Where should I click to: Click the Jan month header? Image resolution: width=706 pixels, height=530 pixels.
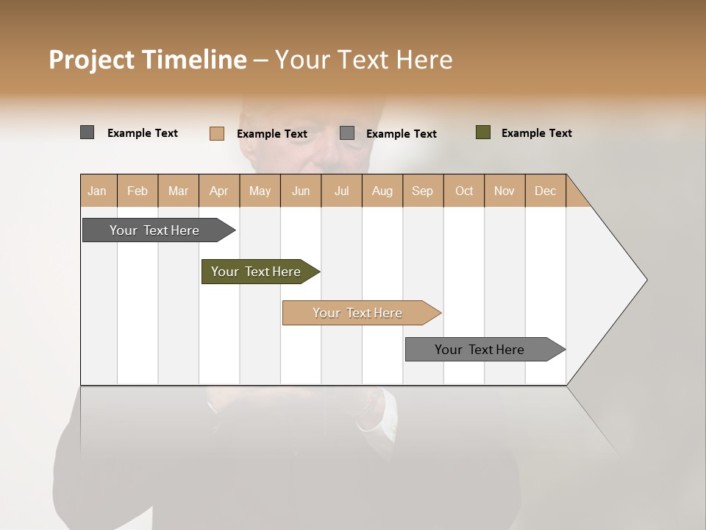(98, 191)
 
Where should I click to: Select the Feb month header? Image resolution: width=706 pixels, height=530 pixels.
(138, 191)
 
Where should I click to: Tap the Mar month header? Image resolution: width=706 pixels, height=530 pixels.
(178, 191)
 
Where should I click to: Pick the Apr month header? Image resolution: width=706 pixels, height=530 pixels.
(219, 191)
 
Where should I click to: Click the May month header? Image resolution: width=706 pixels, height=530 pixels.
(260, 191)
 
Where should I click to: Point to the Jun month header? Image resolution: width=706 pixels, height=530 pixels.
(301, 191)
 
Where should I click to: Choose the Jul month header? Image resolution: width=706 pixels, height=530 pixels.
(341, 191)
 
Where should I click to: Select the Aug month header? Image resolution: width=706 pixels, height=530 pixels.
(382, 191)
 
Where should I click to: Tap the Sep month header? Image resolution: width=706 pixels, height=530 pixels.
(423, 191)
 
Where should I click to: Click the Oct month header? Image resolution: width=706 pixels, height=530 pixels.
(464, 191)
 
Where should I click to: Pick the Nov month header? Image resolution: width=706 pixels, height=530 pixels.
(504, 191)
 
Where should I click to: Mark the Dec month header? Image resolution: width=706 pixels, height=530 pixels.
(546, 191)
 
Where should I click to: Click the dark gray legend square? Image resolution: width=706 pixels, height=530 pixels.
(87, 132)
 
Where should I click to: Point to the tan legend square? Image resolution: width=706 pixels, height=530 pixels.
(217, 133)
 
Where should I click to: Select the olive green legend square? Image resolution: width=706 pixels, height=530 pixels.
(483, 132)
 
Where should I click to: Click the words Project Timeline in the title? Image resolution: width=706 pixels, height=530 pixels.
(148, 60)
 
